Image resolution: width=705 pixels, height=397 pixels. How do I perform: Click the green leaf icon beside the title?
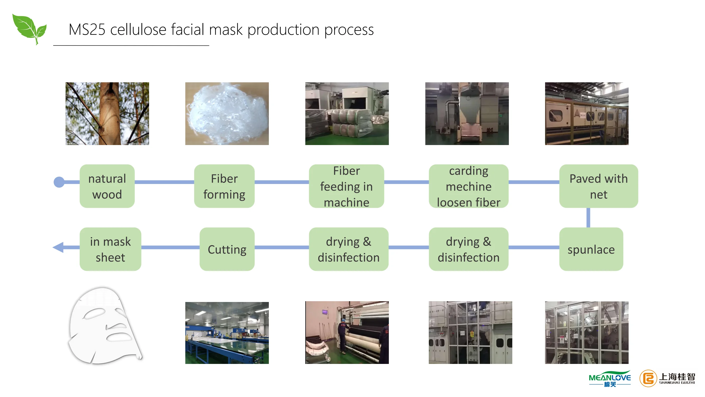tap(29, 29)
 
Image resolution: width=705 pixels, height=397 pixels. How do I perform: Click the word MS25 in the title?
tap(87, 30)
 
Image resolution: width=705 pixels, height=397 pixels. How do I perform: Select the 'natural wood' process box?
tap(107, 186)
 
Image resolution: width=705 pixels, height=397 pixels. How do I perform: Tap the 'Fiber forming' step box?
tap(224, 186)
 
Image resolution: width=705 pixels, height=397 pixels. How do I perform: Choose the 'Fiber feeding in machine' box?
tap(346, 186)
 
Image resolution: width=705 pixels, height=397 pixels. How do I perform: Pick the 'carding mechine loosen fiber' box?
tap(468, 186)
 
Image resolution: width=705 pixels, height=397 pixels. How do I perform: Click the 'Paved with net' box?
tap(598, 186)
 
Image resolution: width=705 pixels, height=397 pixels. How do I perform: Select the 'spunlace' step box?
tap(591, 249)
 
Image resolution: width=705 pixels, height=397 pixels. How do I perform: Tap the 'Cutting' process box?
tap(227, 249)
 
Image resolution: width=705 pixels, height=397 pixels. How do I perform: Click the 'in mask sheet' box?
tap(110, 249)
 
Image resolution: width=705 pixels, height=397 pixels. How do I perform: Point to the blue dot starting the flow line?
tap(59, 182)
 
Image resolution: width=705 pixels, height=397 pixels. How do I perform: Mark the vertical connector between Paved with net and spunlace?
tap(588, 218)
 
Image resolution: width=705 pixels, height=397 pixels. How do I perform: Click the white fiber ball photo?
tap(227, 114)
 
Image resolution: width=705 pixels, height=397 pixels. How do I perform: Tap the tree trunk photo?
tap(107, 114)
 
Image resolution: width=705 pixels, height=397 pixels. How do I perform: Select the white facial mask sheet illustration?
tap(104, 326)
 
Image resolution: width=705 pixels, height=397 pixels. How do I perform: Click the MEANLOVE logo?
tap(610, 379)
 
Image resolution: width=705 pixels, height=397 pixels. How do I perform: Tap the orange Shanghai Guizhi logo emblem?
tap(648, 379)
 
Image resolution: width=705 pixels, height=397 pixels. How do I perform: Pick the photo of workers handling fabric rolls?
tap(347, 333)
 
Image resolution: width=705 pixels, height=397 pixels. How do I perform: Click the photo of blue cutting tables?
tap(227, 333)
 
